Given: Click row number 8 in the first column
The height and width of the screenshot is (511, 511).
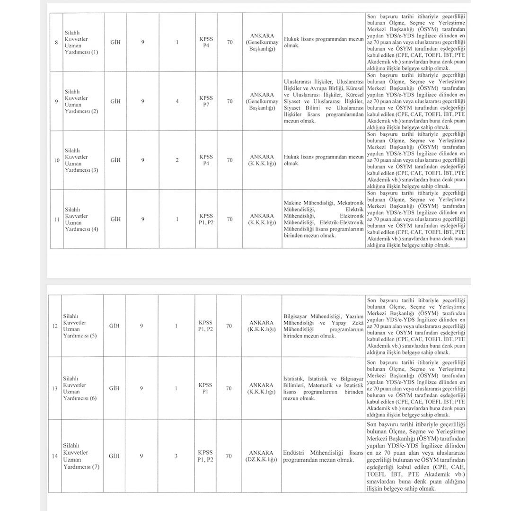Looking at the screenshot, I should click(56, 43).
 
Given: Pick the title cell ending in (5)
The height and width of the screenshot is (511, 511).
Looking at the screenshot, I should click(79, 326).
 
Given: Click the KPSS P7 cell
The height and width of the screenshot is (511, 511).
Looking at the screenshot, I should click(206, 101).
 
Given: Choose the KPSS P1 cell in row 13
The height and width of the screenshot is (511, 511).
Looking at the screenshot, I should click(205, 388).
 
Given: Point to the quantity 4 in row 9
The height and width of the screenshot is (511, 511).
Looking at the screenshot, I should click(177, 101).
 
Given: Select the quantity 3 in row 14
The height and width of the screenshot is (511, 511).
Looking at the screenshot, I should click(176, 456).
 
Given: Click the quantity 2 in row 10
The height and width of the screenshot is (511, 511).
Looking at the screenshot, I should click(177, 160).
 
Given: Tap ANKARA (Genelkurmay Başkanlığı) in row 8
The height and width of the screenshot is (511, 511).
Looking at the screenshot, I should click(262, 43).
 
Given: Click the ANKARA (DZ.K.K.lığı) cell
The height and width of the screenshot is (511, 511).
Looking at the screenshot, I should click(261, 456).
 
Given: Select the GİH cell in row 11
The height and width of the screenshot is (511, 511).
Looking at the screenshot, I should click(115, 219).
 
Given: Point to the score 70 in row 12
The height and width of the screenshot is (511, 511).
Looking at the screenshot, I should click(229, 326).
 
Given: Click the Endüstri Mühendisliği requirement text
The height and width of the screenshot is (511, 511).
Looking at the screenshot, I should click(324, 456).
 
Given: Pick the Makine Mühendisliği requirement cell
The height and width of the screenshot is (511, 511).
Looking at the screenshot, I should click(324, 219).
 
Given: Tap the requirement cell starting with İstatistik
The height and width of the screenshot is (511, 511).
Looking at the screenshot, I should click(324, 388).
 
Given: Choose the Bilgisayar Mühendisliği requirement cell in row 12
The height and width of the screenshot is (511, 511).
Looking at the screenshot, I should click(324, 326).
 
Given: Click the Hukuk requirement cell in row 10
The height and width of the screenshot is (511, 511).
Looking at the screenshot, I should click(324, 160).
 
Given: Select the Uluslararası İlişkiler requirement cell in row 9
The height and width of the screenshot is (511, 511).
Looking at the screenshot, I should click(324, 101).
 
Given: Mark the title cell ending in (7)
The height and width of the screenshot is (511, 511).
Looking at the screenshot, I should click(79, 456).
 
